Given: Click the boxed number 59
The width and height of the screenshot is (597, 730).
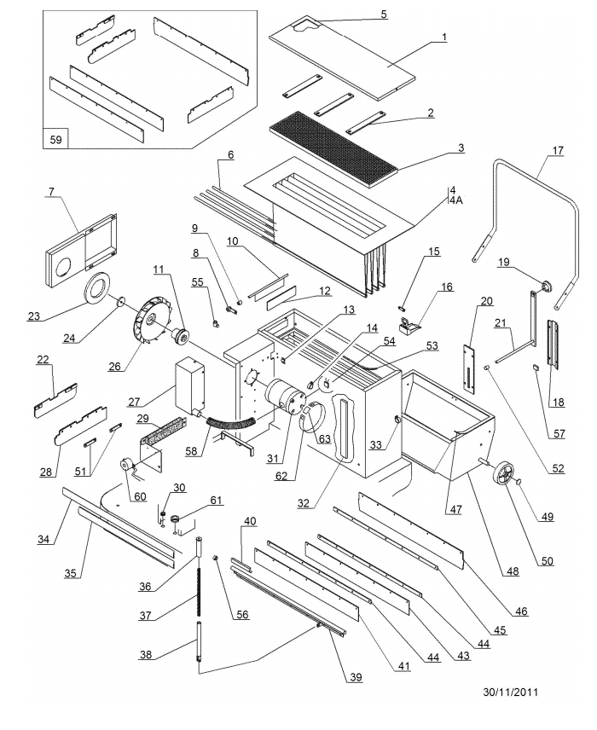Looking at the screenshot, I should pyautogui.click(x=55, y=139).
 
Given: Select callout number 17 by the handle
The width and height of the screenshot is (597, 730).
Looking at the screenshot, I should pyautogui.click(x=558, y=151).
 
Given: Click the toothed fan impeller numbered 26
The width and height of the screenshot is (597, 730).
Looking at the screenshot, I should pyautogui.click(x=148, y=320).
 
